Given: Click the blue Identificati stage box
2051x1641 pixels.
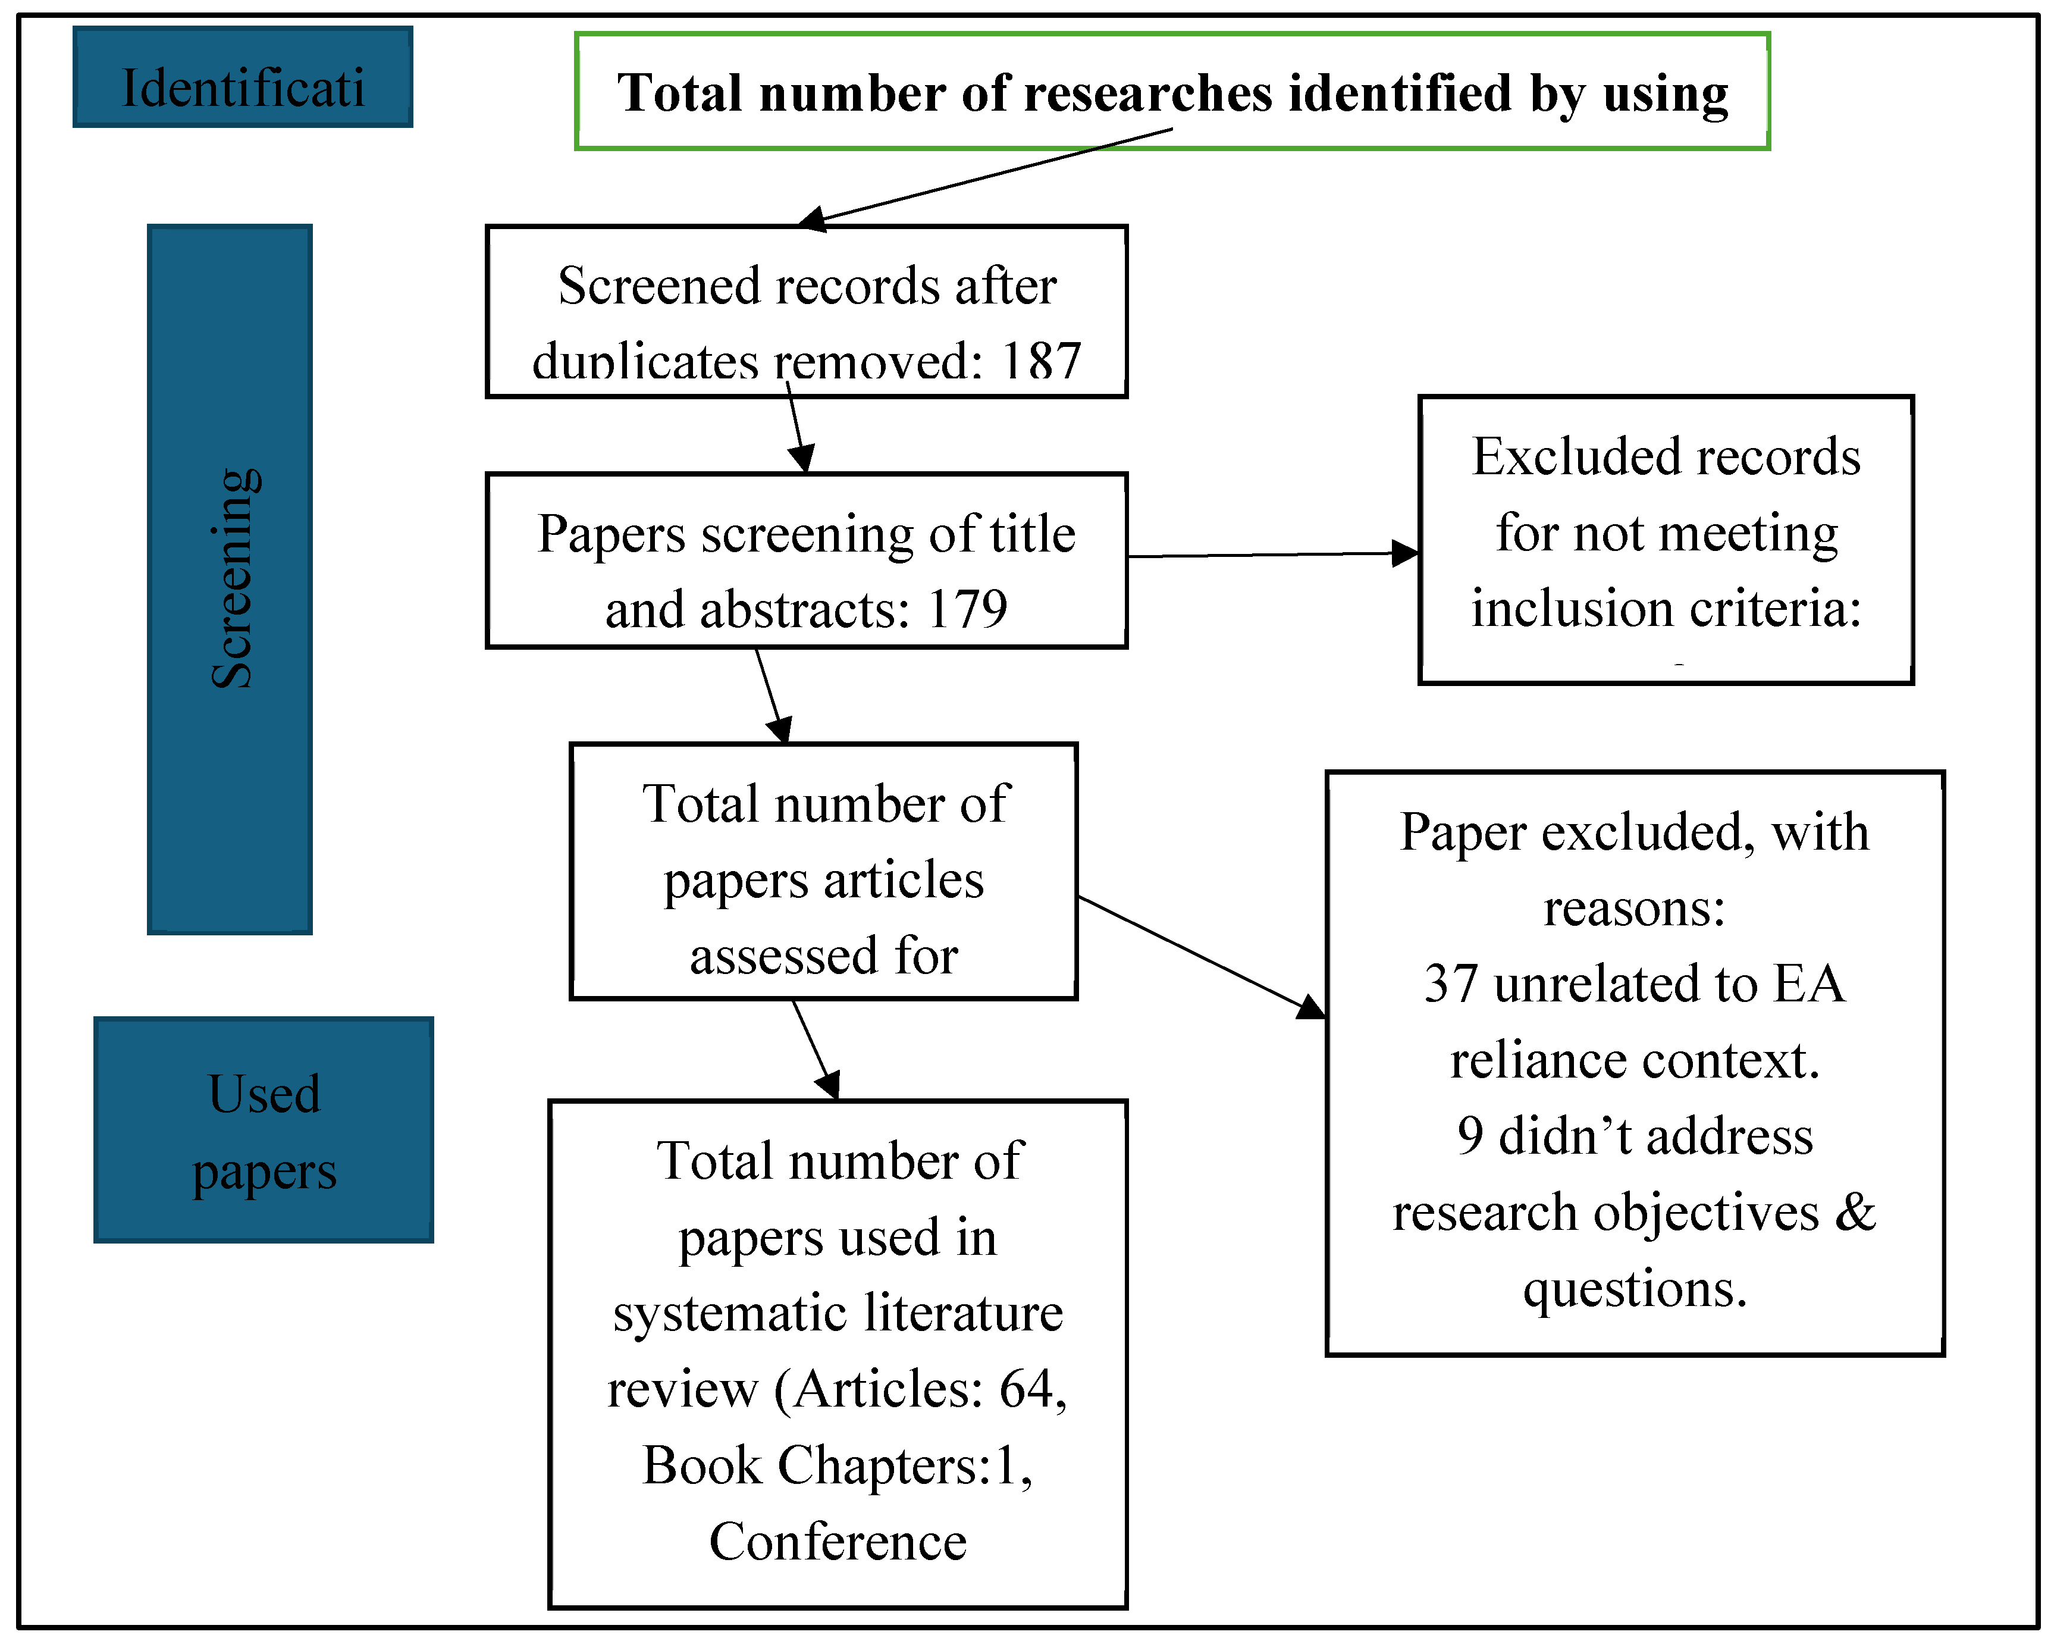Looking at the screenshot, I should click(x=243, y=78).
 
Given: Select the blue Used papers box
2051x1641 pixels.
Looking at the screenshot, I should click(x=264, y=1129).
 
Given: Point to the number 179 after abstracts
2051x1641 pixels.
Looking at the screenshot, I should click(x=967, y=609).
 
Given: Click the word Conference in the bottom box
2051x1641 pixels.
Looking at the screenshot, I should click(x=837, y=1541).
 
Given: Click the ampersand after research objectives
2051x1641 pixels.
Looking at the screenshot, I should click(x=1855, y=1212).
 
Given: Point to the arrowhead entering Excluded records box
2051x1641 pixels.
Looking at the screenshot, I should click(x=1405, y=553).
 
